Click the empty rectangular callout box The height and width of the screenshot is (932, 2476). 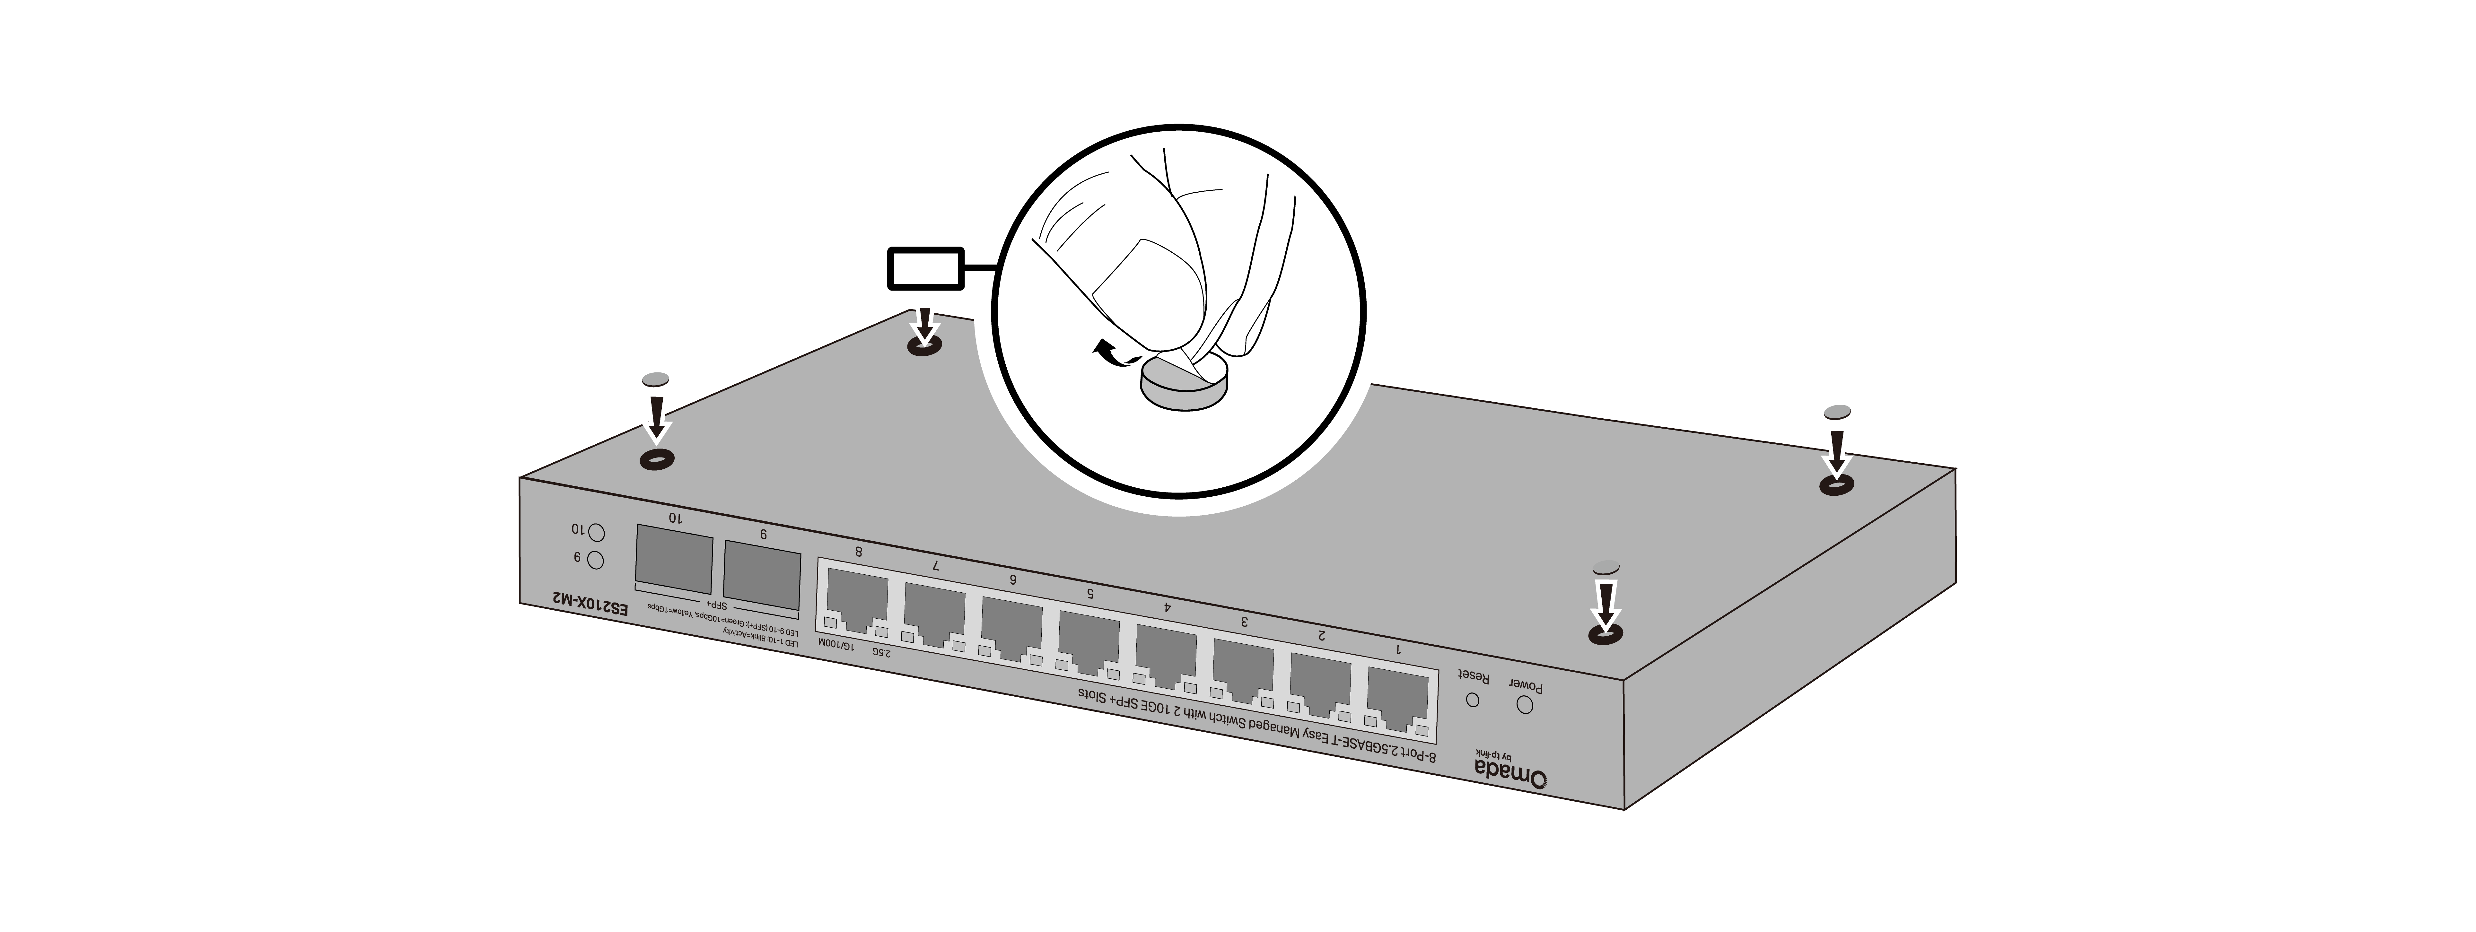click(x=924, y=268)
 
